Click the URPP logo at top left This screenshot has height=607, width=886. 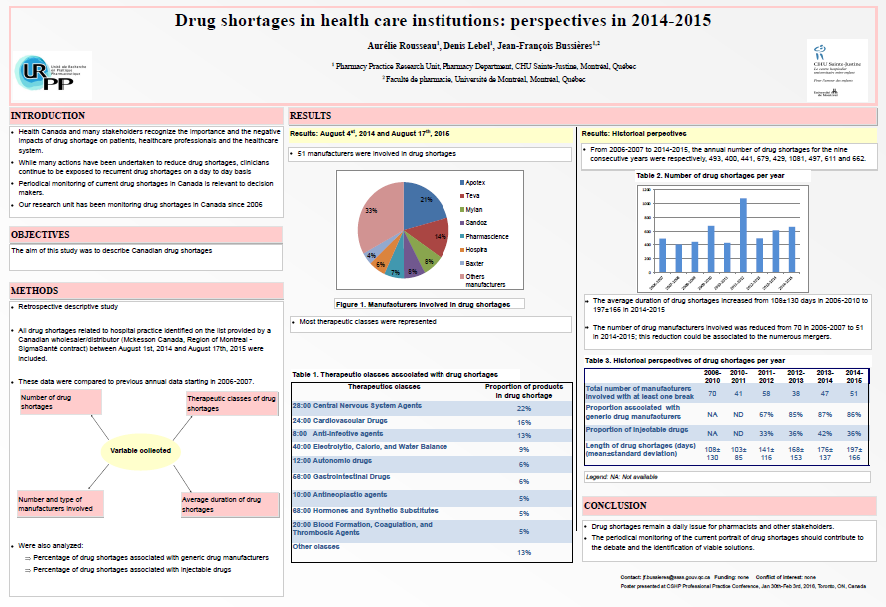click(x=53, y=72)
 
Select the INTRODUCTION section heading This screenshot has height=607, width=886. click(x=48, y=116)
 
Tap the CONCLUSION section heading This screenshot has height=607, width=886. click(x=615, y=506)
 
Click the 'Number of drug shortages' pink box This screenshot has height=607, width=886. click(x=57, y=402)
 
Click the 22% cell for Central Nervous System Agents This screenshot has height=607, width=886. click(x=523, y=408)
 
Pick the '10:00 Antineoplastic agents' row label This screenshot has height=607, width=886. click(x=339, y=495)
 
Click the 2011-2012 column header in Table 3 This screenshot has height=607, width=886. click(x=767, y=376)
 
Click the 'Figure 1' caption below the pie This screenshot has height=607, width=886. click(x=423, y=303)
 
